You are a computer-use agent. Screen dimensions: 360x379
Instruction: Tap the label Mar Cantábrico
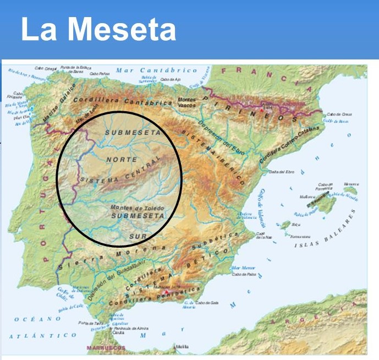pyautogui.click(x=156, y=71)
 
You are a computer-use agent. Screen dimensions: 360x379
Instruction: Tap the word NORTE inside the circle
pyautogui.click(x=123, y=160)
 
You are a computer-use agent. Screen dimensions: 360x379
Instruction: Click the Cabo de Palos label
pyautogui.click(x=241, y=274)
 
